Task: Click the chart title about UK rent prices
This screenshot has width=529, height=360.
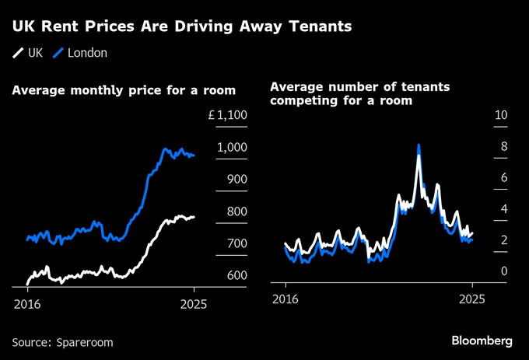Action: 181,27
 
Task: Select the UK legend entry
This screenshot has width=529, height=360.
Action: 28,53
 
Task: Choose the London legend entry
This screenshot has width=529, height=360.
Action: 80,53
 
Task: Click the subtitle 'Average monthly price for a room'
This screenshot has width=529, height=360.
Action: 124,91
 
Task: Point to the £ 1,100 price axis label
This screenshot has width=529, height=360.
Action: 228,116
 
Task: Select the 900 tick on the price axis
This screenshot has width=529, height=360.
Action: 236,180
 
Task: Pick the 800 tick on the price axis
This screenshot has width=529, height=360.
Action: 236,211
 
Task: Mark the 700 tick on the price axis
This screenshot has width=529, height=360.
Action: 236,243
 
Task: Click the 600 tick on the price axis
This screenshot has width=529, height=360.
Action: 236,275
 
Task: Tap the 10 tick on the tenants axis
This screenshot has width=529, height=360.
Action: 501,115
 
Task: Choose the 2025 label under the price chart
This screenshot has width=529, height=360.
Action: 194,303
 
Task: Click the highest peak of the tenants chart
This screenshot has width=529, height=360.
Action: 419,145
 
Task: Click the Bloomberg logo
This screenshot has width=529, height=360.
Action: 482,341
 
